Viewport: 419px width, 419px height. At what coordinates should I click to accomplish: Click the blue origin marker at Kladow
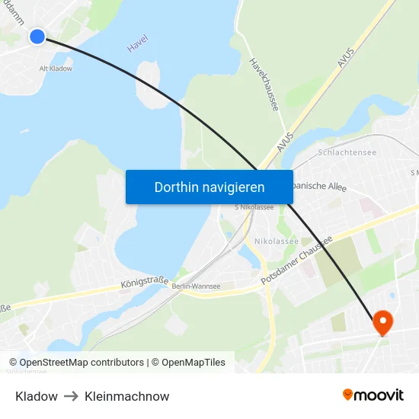pyautogui.click(x=37, y=36)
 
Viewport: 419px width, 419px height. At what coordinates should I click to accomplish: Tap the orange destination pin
pyautogui.click(x=382, y=322)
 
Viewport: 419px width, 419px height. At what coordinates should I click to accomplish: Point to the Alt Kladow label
pyautogui.click(x=56, y=69)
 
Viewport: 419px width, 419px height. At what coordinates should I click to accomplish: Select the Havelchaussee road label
pyautogui.click(x=264, y=84)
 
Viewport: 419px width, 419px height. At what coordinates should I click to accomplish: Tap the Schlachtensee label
pyautogui.click(x=347, y=152)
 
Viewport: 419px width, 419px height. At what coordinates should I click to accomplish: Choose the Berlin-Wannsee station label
pyautogui.click(x=196, y=286)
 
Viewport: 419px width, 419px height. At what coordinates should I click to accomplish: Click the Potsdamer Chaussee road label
pyautogui.click(x=297, y=261)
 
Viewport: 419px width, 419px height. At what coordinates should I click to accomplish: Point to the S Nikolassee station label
pyautogui.click(x=254, y=207)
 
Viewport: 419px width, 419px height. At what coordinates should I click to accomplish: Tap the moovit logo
pyautogui.click(x=373, y=395)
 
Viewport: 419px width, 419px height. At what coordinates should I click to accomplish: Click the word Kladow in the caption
pyautogui.click(x=37, y=396)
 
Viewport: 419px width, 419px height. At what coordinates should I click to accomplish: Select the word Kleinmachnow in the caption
pyautogui.click(x=127, y=396)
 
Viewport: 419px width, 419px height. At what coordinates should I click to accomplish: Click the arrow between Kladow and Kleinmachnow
pyautogui.click(x=71, y=396)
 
